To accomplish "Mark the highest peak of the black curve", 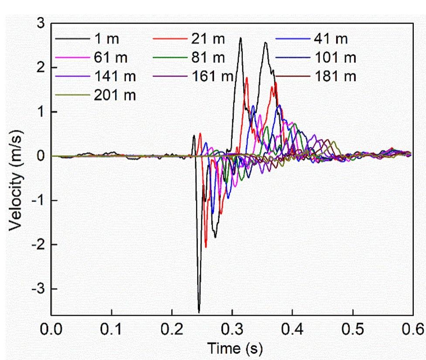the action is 240,38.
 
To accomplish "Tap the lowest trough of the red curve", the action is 206,247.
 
